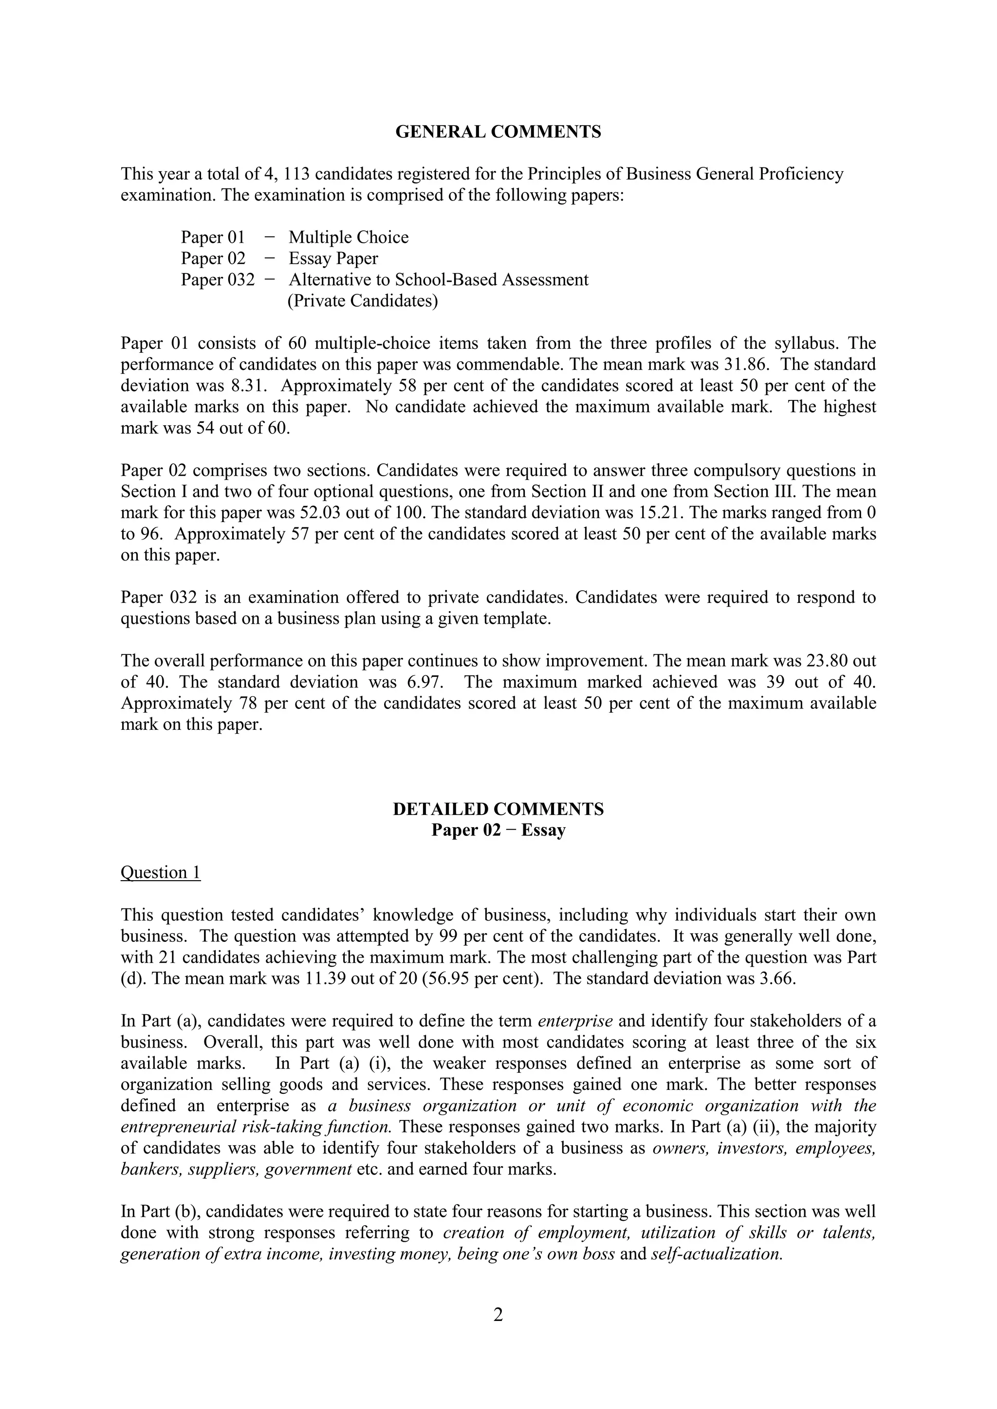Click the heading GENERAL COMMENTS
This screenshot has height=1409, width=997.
coord(498,132)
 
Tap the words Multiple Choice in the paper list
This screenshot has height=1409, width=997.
coord(348,237)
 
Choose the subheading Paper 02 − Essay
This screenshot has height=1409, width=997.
coord(498,831)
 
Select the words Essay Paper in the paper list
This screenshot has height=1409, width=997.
coord(333,258)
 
